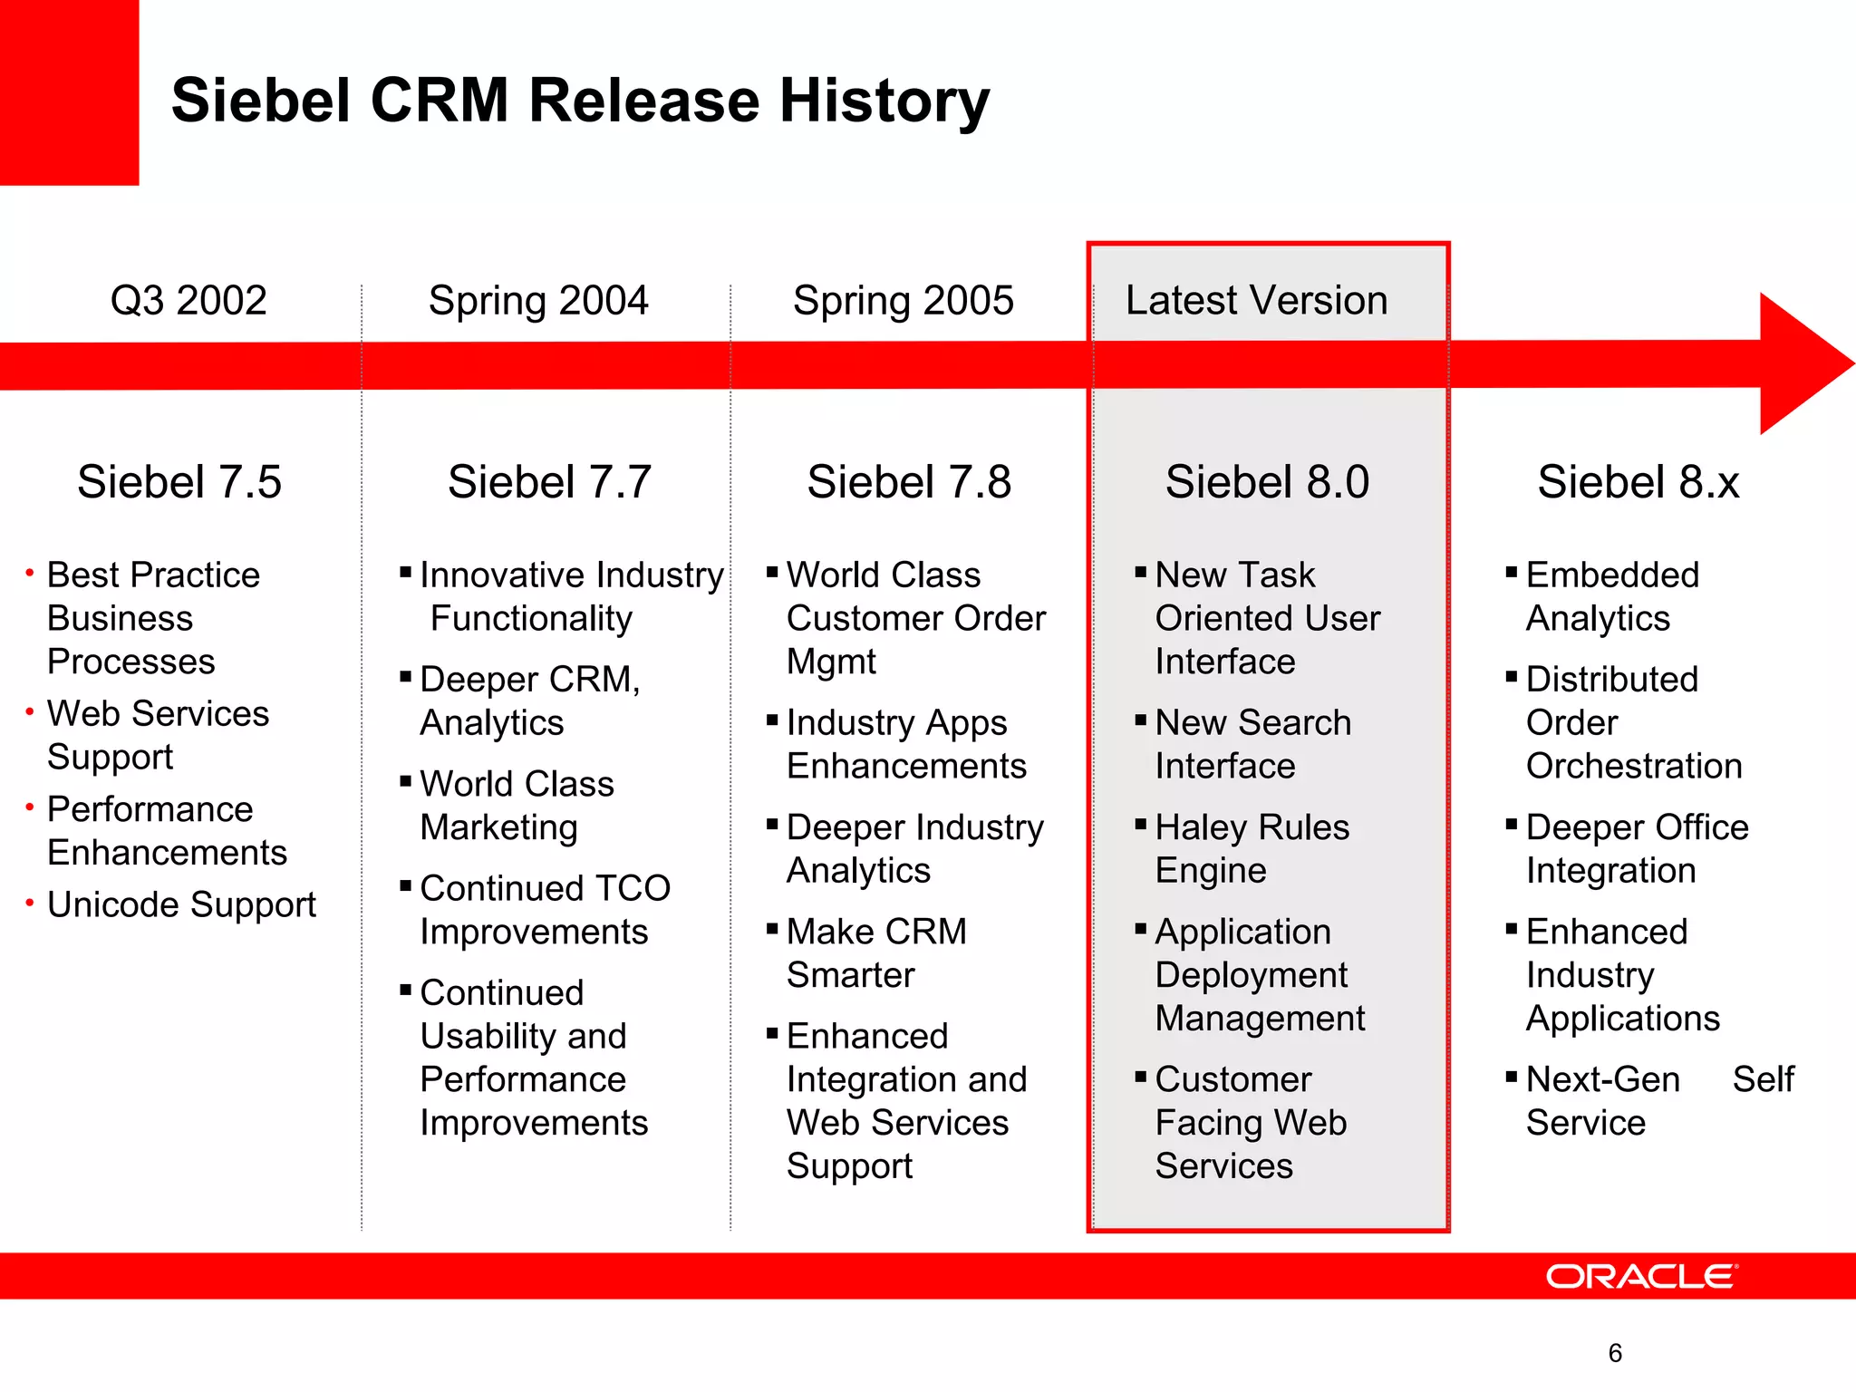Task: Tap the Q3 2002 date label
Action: click(x=188, y=300)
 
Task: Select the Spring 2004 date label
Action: click(x=538, y=300)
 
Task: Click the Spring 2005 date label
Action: click(x=903, y=300)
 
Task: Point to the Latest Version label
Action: click(x=1256, y=300)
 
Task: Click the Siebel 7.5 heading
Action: click(x=179, y=481)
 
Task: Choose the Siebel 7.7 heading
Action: click(x=549, y=481)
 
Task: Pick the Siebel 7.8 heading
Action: click(x=909, y=481)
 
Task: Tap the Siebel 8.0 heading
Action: click(x=1267, y=481)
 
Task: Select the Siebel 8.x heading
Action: click(x=1638, y=481)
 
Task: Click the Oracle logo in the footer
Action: click(x=1641, y=1276)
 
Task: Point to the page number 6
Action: click(x=1615, y=1353)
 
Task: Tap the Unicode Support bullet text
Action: click(x=181, y=904)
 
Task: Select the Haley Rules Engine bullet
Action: click(x=1251, y=848)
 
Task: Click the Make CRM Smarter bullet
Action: click(x=875, y=952)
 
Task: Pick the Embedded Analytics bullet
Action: click(x=1611, y=596)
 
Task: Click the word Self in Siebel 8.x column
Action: click(x=1763, y=1078)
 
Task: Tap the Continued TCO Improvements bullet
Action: click(x=544, y=910)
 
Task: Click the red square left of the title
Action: click(x=69, y=91)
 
